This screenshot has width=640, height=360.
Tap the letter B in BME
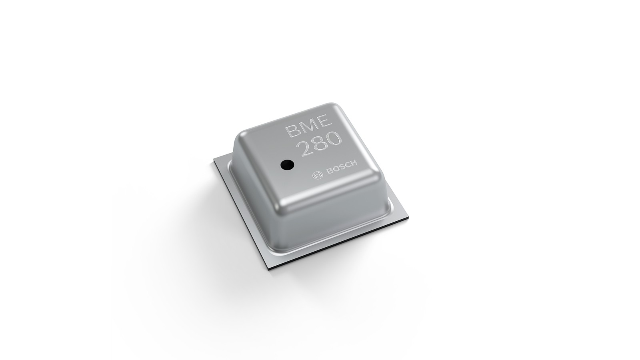click(x=291, y=132)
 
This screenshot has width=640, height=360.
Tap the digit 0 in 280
click(x=335, y=139)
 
